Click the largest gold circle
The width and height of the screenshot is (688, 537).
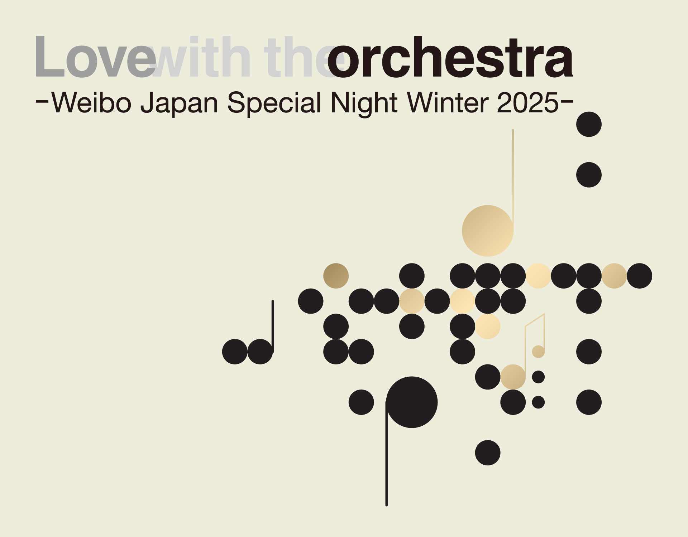pyautogui.click(x=488, y=231)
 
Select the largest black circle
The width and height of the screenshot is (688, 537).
pyautogui.click(x=412, y=402)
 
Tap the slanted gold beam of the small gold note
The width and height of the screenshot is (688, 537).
pyautogui.click(x=535, y=320)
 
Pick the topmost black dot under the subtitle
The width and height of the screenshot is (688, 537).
pyautogui.click(x=589, y=124)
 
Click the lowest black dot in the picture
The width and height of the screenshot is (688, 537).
pyautogui.click(x=488, y=453)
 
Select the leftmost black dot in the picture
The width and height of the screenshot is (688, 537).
pyautogui.click(x=235, y=352)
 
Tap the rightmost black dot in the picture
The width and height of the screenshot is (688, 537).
pyautogui.click(x=639, y=276)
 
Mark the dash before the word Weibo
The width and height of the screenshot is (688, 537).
pyautogui.click(x=42, y=101)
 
